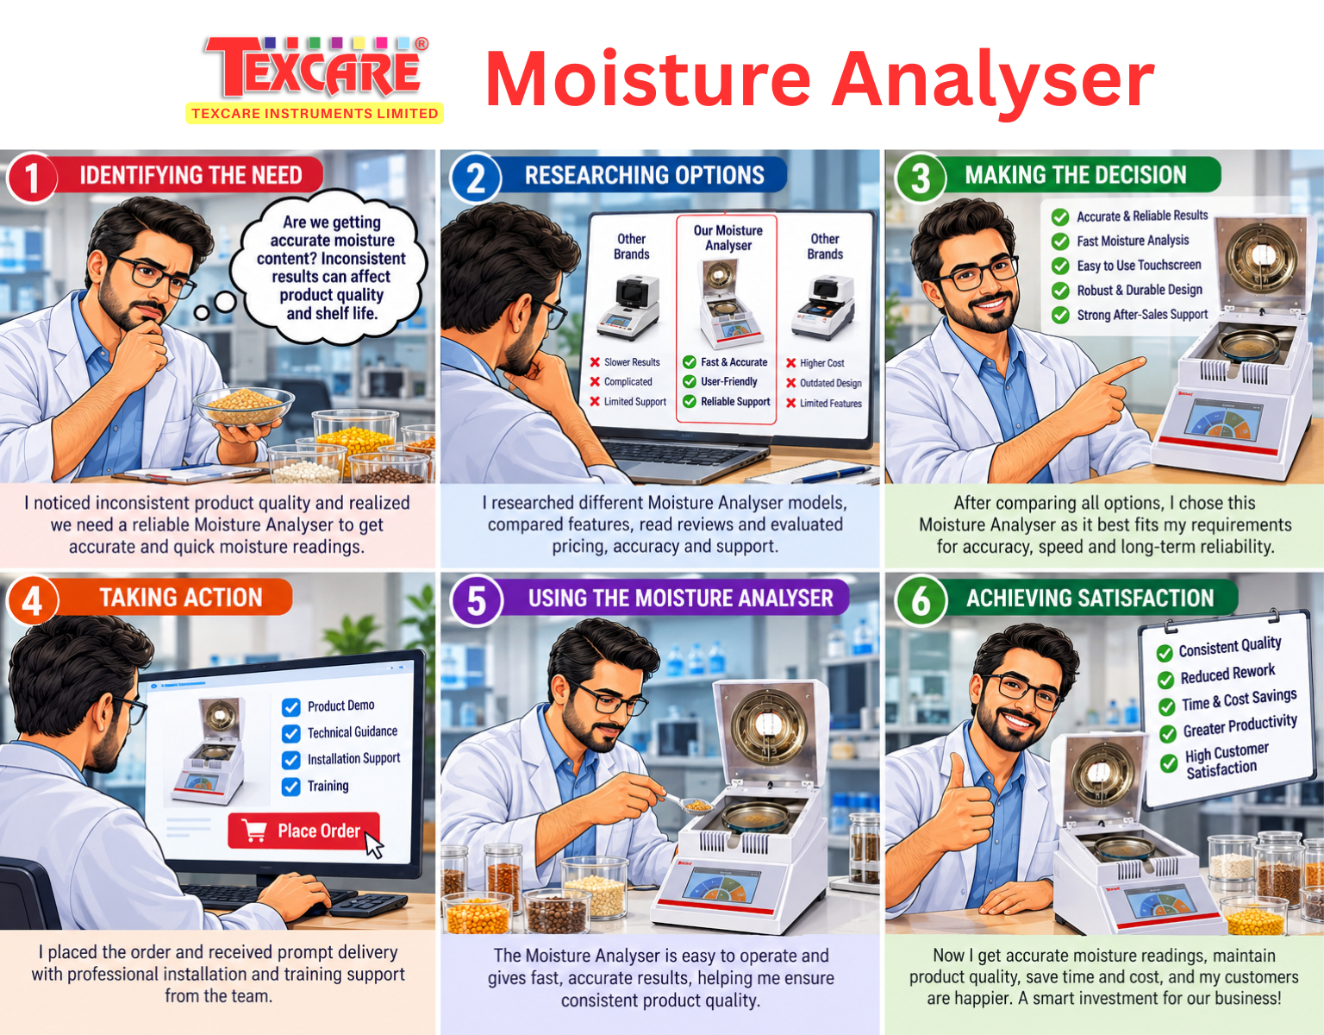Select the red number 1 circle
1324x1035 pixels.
click(31, 178)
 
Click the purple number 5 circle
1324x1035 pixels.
click(476, 600)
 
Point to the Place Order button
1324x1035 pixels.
click(303, 831)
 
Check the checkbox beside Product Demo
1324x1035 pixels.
click(290, 706)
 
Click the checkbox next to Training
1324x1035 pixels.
click(290, 787)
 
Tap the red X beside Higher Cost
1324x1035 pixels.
click(791, 362)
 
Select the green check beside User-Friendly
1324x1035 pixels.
click(689, 381)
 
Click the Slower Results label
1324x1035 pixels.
click(632, 362)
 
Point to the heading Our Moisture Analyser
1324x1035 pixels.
click(728, 238)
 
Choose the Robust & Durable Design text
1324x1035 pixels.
click(1140, 290)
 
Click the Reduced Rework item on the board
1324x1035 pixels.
click(1227, 674)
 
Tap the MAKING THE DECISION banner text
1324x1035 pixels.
click(1076, 175)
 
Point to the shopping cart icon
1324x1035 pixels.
click(254, 831)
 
